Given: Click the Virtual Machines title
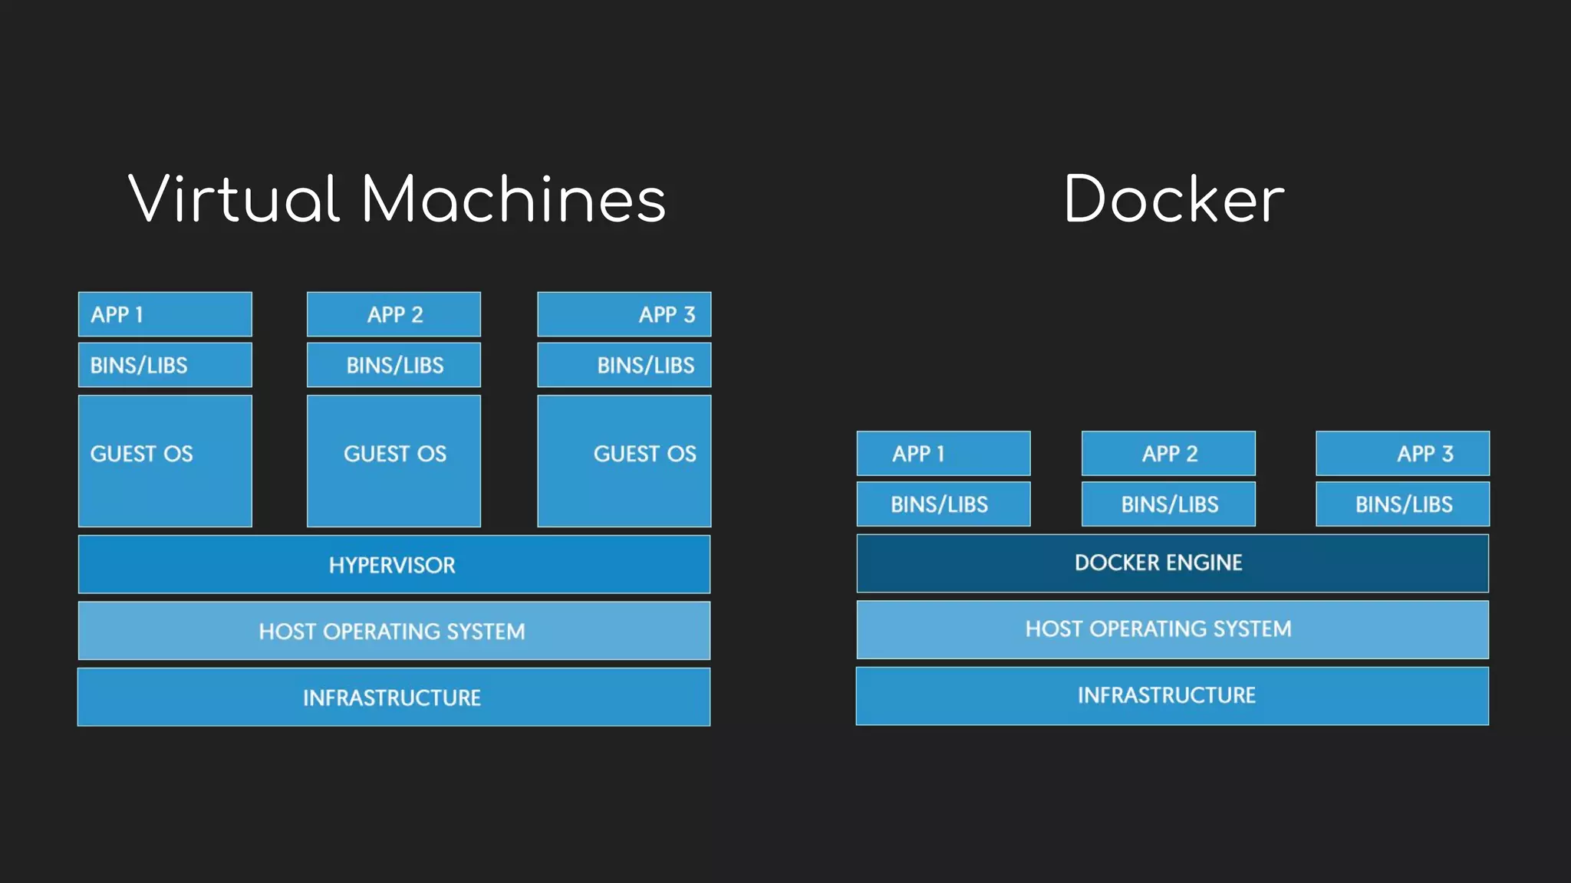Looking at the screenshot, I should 397,199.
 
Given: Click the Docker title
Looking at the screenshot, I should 1173,199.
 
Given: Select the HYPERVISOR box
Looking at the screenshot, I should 394,565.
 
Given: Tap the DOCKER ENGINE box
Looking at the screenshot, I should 1172,563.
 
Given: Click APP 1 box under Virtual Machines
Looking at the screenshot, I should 165,314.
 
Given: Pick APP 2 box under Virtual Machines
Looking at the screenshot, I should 394,314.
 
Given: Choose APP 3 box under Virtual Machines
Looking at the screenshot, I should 624,314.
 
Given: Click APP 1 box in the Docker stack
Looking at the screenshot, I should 943,454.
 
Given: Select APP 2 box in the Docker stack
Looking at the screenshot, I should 1168,454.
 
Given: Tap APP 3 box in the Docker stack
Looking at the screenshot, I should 1402,454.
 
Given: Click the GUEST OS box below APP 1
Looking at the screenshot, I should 165,461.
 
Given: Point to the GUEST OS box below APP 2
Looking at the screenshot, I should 394,461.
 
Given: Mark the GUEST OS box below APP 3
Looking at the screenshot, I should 624,461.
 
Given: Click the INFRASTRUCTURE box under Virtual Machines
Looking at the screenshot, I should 394,697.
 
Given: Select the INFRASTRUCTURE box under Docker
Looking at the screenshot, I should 1172,695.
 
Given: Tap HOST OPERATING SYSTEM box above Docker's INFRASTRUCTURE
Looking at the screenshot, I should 1172,629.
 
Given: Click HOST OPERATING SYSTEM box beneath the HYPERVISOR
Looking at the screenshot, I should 394,631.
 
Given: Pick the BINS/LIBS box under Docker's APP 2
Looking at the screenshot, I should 1168,504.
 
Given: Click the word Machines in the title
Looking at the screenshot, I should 513,199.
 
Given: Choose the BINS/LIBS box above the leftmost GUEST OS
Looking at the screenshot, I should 165,365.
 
